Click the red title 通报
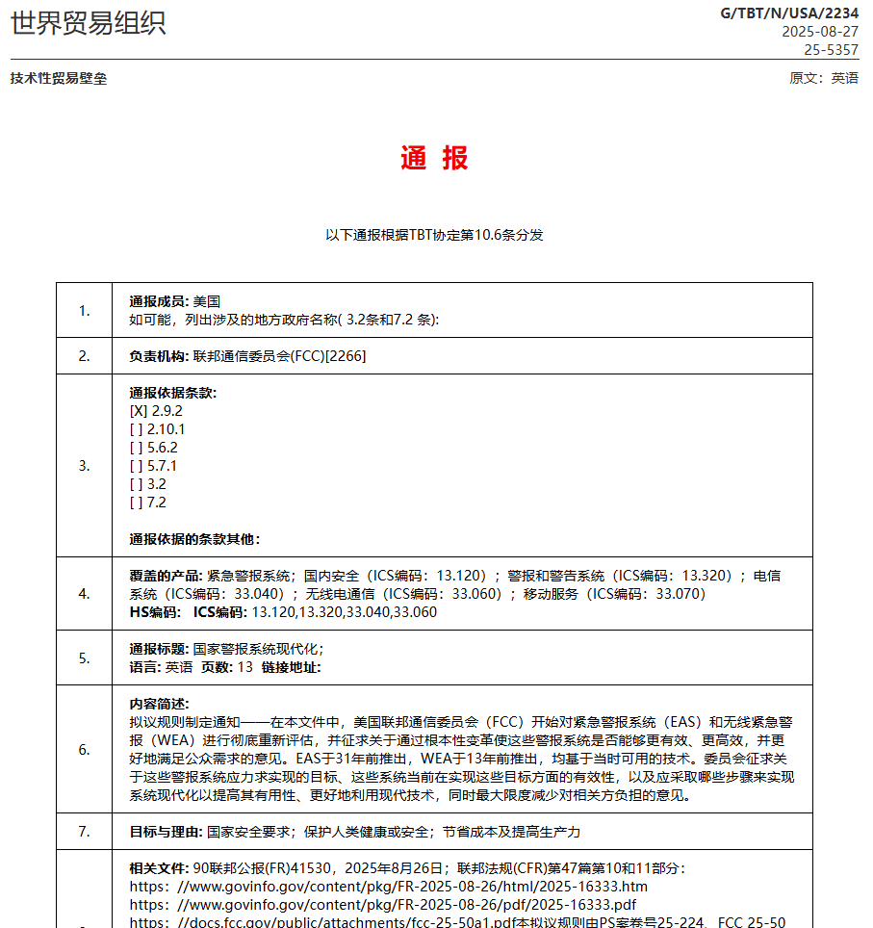tap(435, 159)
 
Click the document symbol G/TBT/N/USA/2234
tap(789, 13)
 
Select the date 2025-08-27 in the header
tap(819, 31)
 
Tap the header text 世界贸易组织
tap(89, 23)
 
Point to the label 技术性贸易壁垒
tap(59, 78)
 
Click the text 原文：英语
tap(824, 78)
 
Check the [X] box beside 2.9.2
tap(139, 411)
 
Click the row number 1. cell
tap(85, 310)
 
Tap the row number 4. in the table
tap(85, 593)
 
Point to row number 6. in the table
tap(85, 749)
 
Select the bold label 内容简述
tap(159, 704)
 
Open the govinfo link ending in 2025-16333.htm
tap(389, 887)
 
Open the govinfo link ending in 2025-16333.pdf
tap(383, 905)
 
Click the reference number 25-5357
tap(831, 49)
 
